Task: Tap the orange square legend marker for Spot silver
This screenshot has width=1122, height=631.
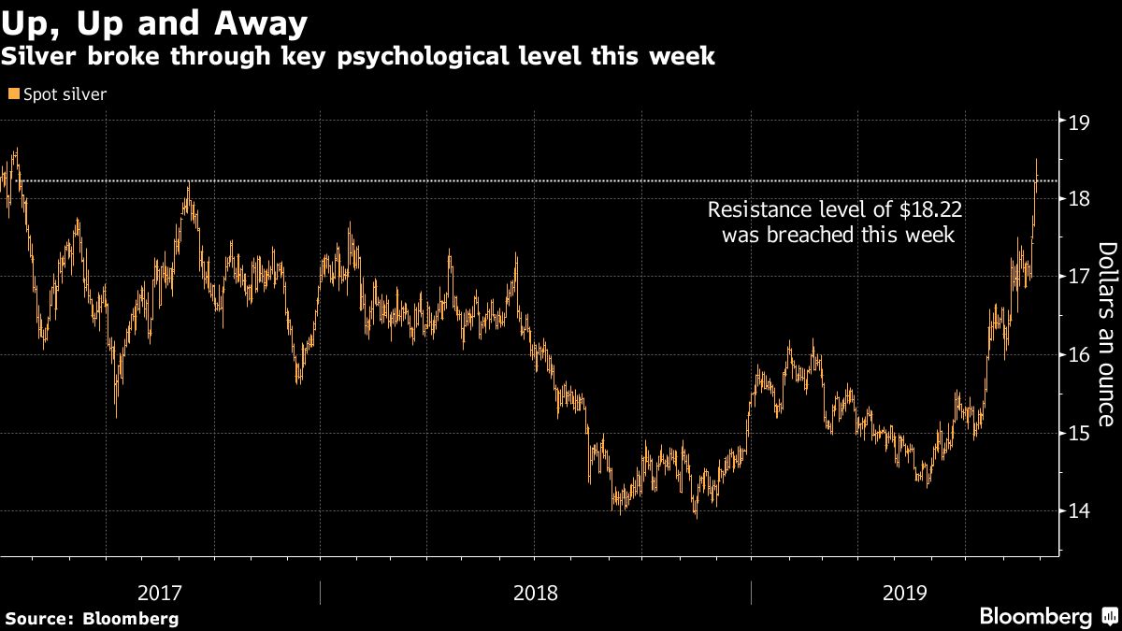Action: tap(12, 94)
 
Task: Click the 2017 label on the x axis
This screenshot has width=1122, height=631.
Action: tap(160, 592)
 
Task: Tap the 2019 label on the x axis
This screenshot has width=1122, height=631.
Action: tap(904, 592)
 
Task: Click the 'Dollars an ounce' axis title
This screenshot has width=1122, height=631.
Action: tap(1106, 334)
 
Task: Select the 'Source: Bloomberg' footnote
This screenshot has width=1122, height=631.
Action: tap(92, 618)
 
